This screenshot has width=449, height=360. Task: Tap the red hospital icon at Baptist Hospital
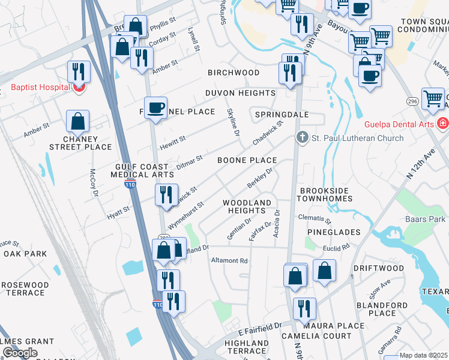click(78, 88)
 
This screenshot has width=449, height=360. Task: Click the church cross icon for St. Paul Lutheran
click(302, 138)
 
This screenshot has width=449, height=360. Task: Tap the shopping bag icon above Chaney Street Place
click(78, 121)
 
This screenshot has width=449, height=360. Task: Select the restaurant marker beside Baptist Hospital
click(79, 71)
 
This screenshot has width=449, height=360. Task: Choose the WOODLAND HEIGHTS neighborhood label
click(247, 207)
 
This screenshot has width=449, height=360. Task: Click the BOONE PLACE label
click(247, 160)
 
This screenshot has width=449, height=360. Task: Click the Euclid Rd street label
click(337, 247)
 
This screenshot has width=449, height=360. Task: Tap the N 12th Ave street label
click(420, 165)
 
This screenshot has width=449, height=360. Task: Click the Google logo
click(20, 353)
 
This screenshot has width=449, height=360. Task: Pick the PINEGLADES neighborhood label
click(333, 232)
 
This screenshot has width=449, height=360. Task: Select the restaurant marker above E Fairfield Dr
click(304, 308)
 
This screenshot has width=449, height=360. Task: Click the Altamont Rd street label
click(229, 261)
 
